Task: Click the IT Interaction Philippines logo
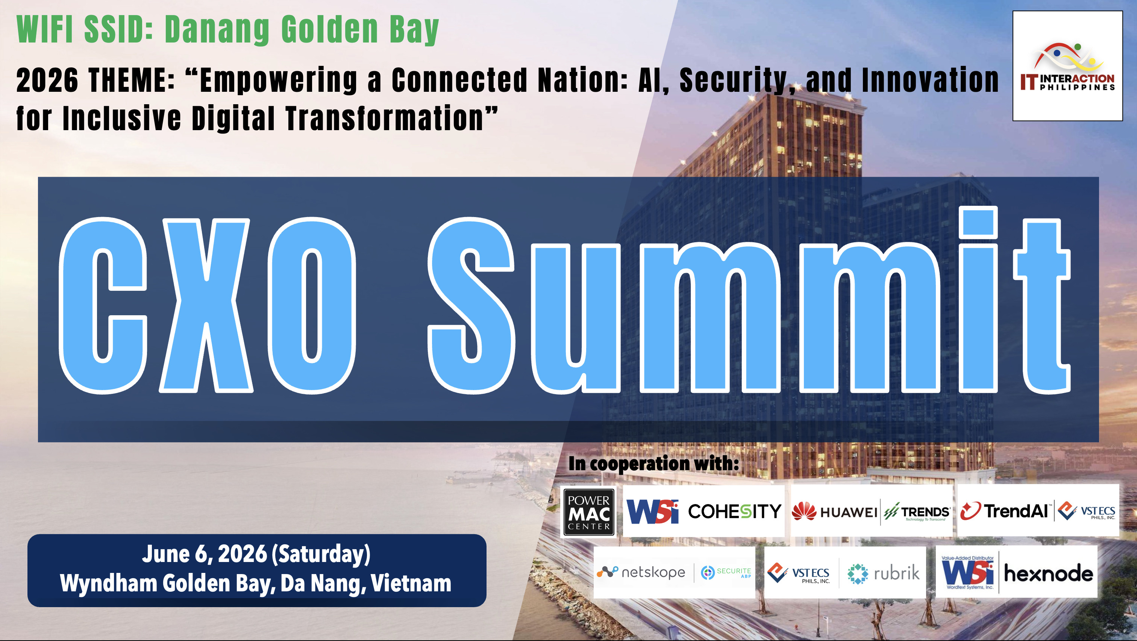[1067, 66]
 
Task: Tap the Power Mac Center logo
[589, 512]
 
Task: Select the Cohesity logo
[734, 511]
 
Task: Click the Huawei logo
[834, 512]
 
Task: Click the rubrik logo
[884, 573]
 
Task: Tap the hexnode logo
[1048, 573]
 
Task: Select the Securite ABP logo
[726, 573]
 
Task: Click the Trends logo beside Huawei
[917, 512]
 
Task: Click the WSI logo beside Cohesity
[652, 512]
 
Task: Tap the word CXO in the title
[208, 305]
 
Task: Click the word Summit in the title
[749, 300]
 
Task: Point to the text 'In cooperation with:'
[654, 463]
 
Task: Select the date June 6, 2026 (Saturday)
[256, 554]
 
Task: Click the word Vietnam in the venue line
[411, 583]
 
